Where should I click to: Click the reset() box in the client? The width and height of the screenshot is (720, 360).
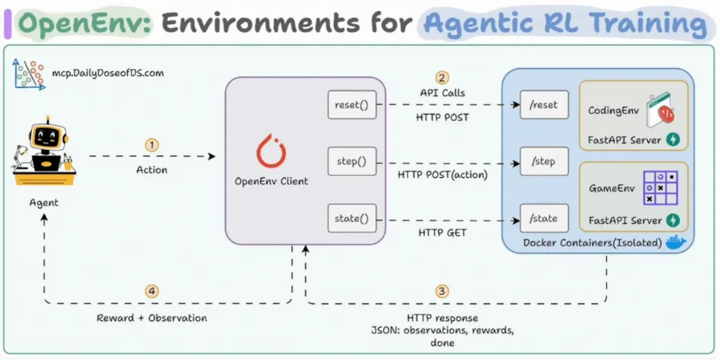pos(352,105)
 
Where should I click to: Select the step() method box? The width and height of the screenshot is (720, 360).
pos(352,161)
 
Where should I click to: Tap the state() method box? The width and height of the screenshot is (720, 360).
pos(352,218)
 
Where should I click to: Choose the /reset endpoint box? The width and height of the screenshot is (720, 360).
pos(544,105)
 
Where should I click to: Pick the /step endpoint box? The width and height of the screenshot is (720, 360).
pos(544,161)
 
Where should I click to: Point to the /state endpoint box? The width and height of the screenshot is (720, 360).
pos(544,218)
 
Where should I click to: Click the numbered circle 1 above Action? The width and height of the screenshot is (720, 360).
pos(151,146)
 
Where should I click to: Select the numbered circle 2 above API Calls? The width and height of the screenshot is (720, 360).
pos(442,77)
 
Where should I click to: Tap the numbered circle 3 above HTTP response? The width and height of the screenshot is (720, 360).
pos(442,291)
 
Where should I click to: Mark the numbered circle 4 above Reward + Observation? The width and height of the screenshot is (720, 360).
pos(151,291)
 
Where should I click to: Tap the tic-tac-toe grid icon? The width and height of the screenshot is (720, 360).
pos(660,188)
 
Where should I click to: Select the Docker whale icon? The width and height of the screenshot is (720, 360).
pos(675,241)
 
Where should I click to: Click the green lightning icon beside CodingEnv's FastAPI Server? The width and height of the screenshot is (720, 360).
pos(673,139)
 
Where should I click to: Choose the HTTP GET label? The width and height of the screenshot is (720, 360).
pos(442,233)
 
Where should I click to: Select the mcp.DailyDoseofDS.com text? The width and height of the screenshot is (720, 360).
pos(107,73)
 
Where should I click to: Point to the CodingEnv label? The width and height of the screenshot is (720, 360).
pos(613,110)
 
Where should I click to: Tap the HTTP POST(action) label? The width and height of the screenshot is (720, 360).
pos(442,174)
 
